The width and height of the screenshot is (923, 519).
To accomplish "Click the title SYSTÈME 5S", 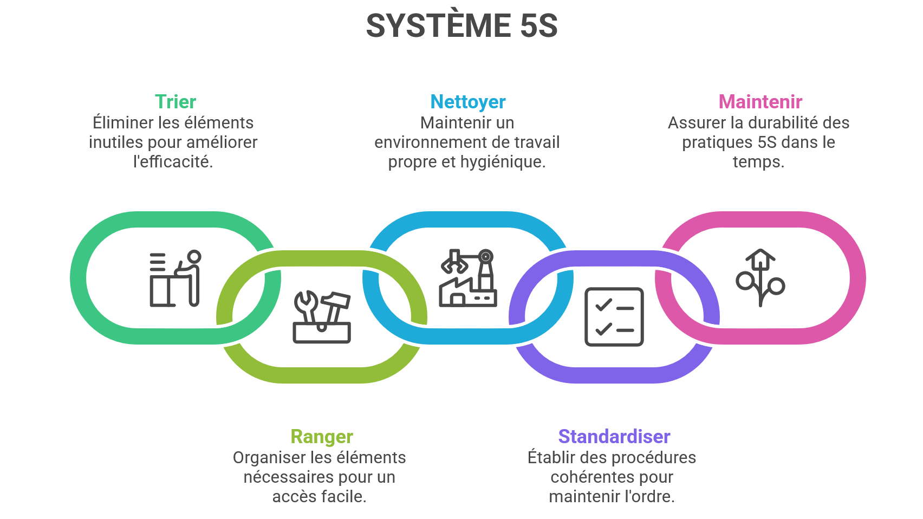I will (461, 25).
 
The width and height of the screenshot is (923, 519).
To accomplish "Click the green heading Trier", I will (175, 102).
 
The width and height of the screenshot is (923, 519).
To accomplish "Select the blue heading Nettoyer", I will (467, 102).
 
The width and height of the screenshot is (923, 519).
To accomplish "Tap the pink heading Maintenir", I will (760, 102).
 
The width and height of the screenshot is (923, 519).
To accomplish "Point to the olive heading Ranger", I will (322, 437).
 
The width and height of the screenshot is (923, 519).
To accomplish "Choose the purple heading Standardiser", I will (614, 437).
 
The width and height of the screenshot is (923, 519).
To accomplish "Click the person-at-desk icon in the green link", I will (175, 278).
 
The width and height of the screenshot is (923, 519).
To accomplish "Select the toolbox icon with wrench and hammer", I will (322, 317).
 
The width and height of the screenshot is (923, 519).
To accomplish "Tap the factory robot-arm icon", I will (467, 278).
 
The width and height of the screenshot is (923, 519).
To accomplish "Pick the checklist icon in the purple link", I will (614, 317).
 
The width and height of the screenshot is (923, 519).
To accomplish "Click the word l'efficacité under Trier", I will (173, 162).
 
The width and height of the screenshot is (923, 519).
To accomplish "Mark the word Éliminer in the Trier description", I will (122, 123).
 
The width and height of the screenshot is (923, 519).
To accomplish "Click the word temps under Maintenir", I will (757, 162).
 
